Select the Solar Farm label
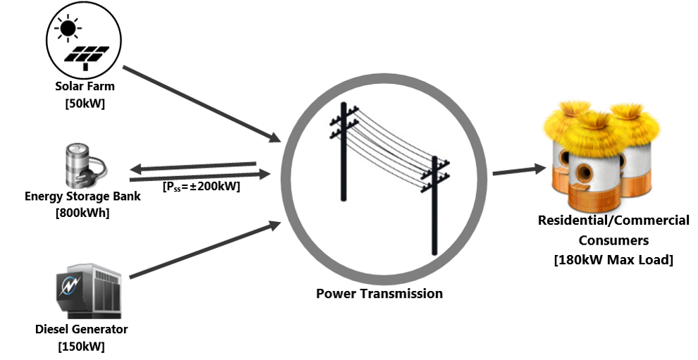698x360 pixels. [85, 87]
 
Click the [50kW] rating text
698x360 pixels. [85, 103]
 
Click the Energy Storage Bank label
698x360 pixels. [82, 196]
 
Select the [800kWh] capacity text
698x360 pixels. [82, 212]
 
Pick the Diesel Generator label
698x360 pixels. [82, 330]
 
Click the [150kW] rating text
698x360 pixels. [82, 346]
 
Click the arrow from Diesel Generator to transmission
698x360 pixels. [204, 250]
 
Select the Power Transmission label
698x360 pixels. [379, 293]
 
